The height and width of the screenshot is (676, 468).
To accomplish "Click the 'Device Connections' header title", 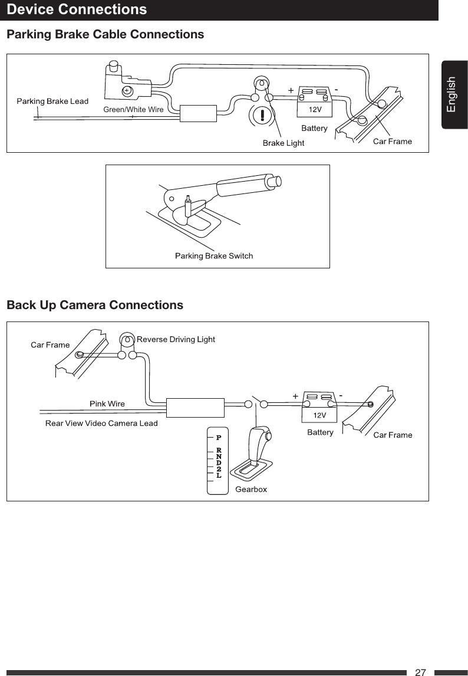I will [77, 10].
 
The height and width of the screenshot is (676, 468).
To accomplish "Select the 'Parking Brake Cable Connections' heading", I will [105, 35].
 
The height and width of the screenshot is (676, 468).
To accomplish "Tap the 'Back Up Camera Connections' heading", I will [94, 306].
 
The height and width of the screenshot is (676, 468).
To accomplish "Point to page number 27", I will [420, 672].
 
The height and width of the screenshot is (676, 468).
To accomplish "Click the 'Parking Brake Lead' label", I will [52, 101].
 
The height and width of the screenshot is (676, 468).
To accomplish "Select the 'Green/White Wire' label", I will [133, 109].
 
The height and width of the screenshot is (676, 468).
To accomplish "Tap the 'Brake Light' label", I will [283, 143].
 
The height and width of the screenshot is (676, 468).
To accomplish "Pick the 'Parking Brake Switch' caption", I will [214, 256].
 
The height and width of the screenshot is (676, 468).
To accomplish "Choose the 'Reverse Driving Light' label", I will [176, 339].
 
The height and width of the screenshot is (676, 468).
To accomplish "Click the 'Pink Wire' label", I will [107, 404].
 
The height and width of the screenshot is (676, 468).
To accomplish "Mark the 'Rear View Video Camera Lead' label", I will [101, 424].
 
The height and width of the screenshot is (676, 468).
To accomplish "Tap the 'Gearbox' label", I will [251, 490].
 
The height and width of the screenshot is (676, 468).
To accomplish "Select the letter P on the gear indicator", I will [218, 438].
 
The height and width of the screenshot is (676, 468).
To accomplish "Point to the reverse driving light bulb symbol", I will [127, 340].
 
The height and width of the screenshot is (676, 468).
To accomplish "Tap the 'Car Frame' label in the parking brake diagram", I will [393, 142].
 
